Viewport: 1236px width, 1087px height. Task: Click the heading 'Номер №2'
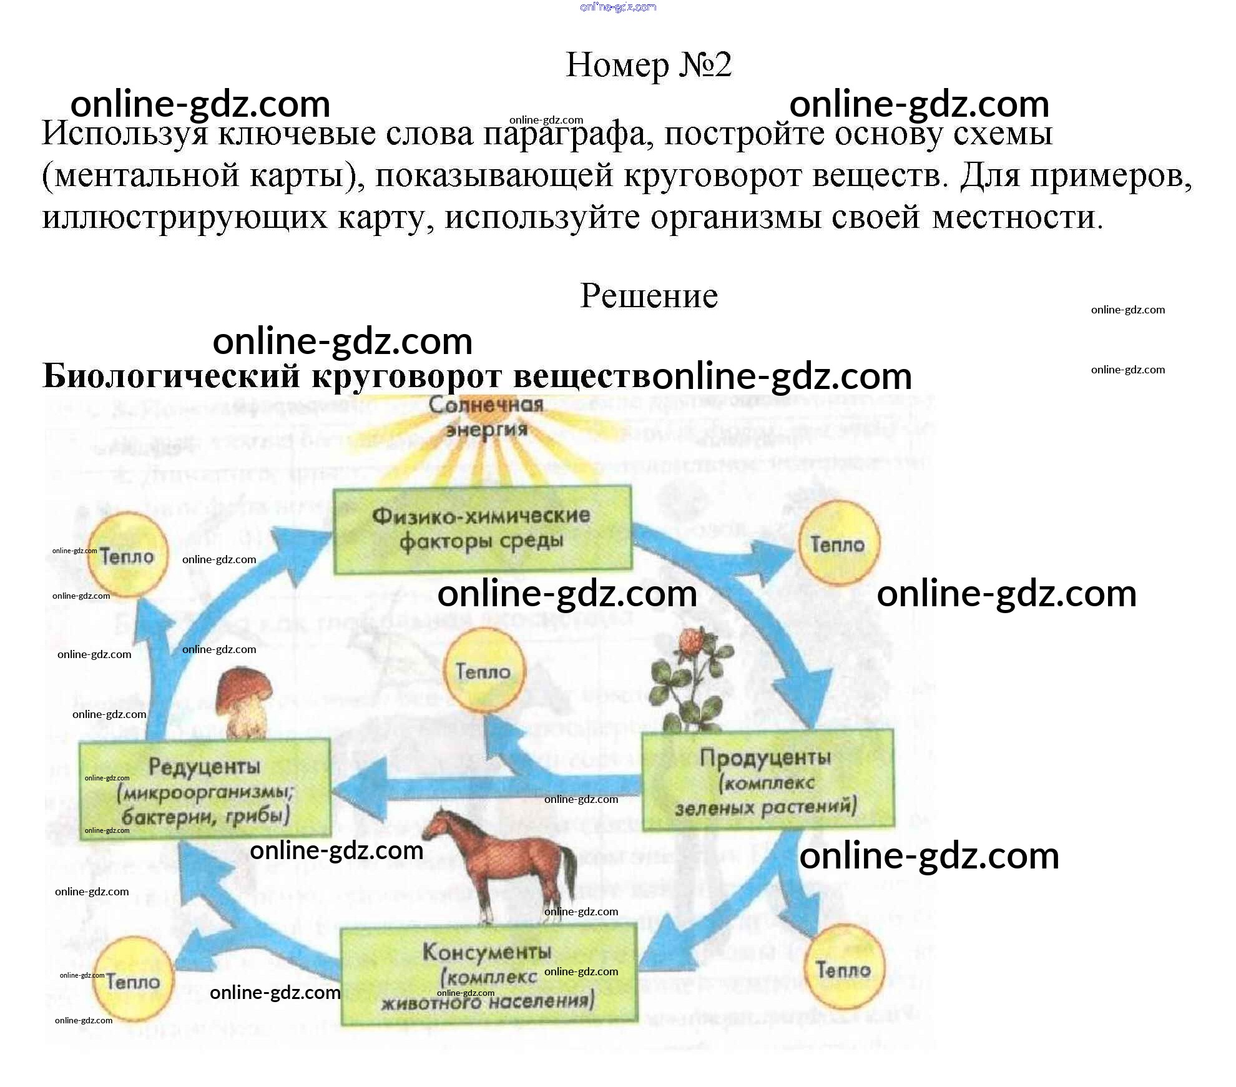[648, 65]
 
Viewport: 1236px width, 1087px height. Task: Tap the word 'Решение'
[649, 296]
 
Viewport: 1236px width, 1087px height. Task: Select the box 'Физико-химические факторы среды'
[482, 529]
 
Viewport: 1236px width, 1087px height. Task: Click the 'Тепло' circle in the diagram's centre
[484, 671]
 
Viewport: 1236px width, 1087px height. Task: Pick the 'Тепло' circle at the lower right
[844, 970]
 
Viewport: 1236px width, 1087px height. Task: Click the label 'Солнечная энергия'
[486, 417]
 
